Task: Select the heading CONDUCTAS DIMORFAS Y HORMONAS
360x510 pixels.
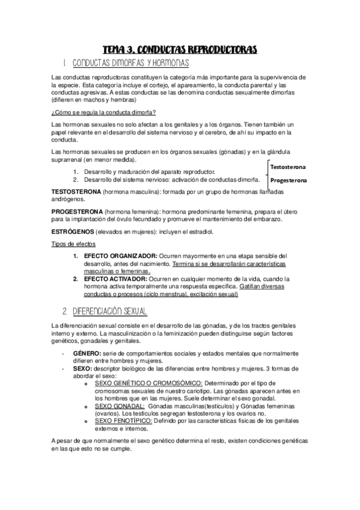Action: tap(130, 63)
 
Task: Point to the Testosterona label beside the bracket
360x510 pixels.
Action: tap(288, 167)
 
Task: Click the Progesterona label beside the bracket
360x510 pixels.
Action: tap(288, 180)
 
